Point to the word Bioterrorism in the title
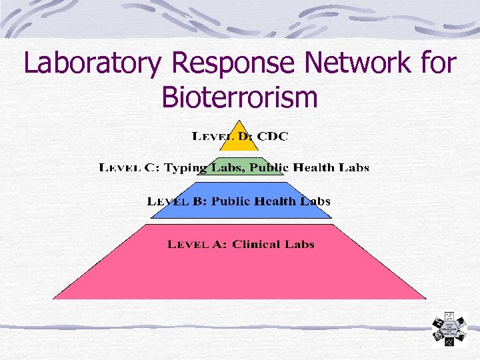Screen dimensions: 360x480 tap(239, 98)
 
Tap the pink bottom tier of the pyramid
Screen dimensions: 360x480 tap(240, 270)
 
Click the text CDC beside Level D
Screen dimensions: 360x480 tap(273, 136)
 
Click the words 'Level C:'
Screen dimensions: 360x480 tap(129, 168)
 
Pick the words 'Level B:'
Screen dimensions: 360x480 tap(176, 201)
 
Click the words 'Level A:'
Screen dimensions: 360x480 tap(197, 244)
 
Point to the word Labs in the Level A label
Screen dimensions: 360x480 tap(299, 244)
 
